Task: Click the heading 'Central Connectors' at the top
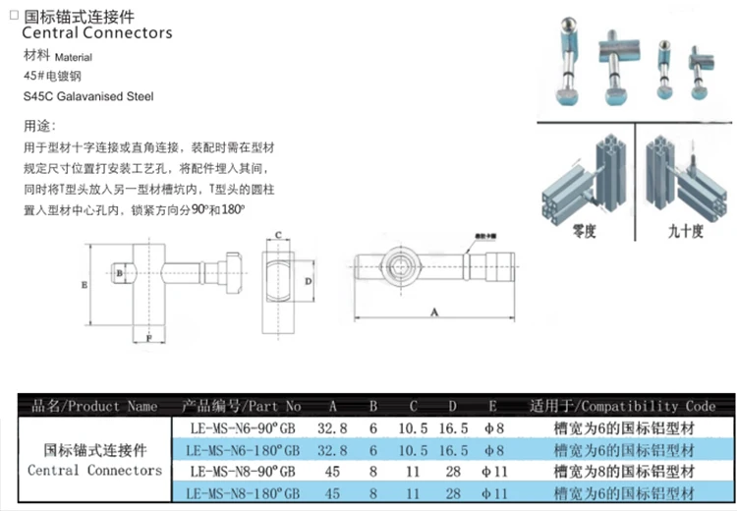click(x=96, y=32)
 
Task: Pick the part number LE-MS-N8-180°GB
click(x=240, y=492)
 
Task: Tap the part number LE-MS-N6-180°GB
click(x=240, y=450)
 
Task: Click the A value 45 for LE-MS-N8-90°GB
click(x=332, y=472)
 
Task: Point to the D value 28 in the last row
click(x=452, y=492)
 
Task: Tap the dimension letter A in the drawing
click(x=433, y=312)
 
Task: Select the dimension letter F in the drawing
click(x=148, y=338)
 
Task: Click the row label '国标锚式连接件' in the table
click(x=95, y=450)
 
